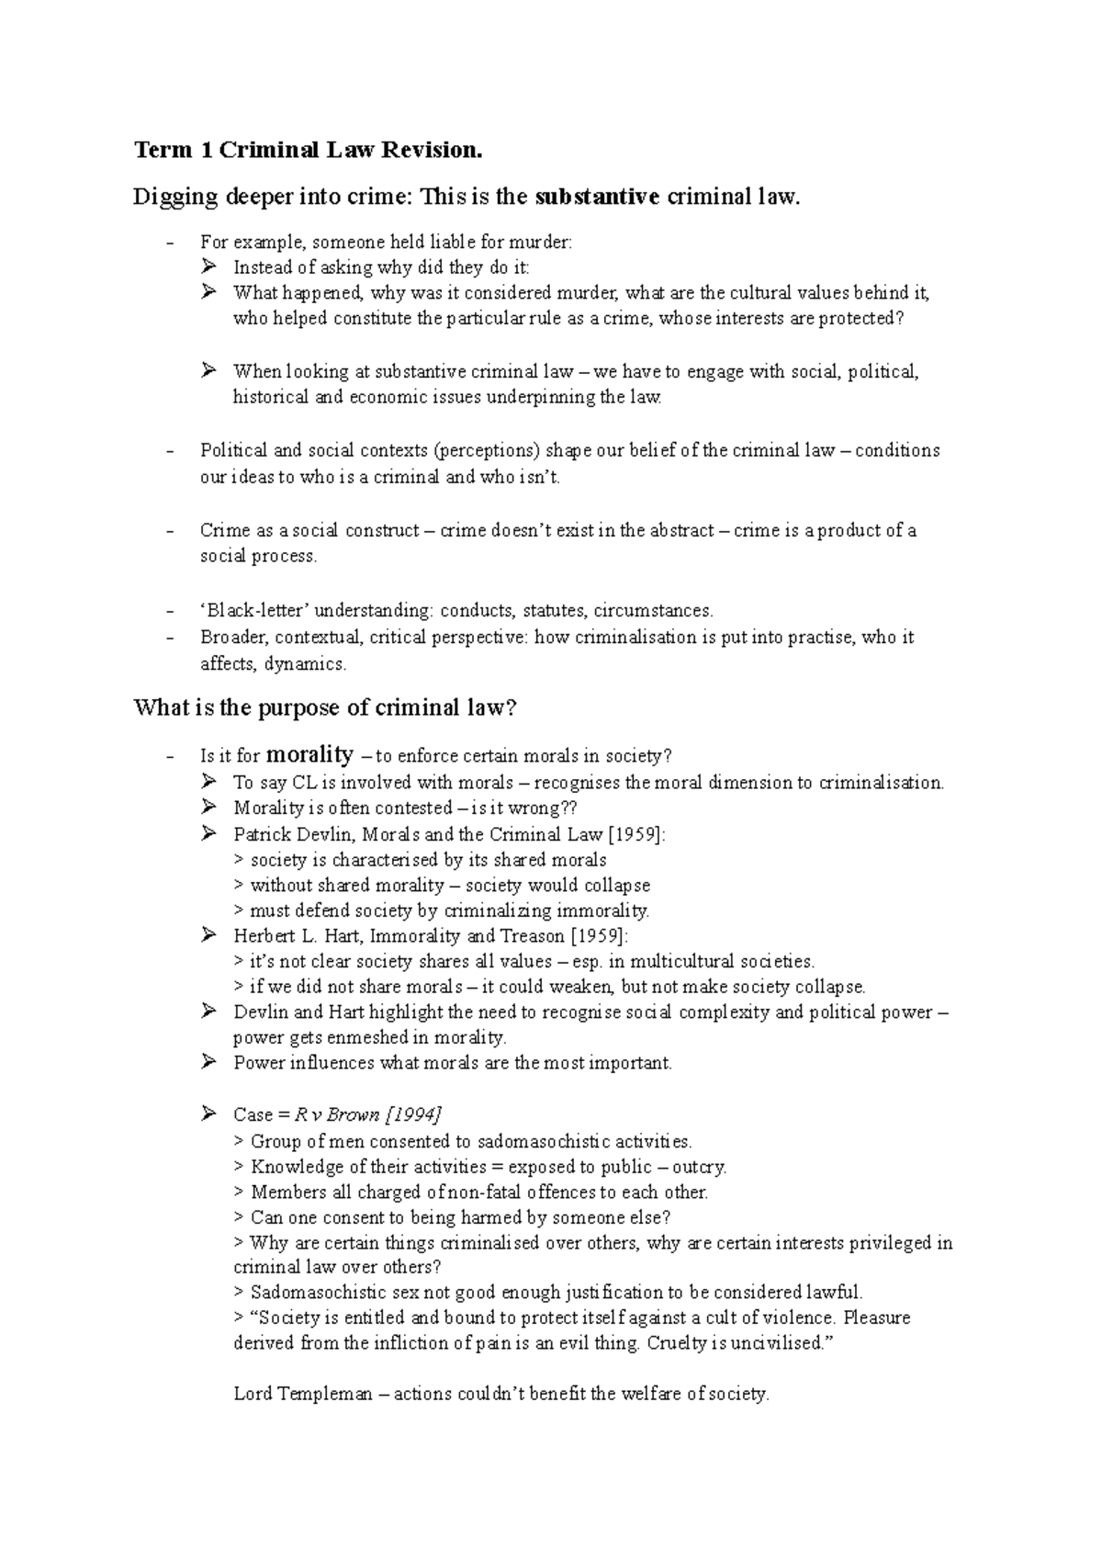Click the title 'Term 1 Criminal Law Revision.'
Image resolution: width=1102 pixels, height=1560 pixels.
coord(308,150)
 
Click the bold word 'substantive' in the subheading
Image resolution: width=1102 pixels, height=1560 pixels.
coord(597,197)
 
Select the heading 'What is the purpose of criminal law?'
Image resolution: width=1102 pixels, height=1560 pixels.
coord(326,707)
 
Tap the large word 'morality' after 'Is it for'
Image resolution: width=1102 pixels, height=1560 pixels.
coord(309,755)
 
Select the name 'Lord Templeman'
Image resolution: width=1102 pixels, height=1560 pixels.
coord(303,1394)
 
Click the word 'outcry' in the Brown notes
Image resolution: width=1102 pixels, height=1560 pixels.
coord(698,1167)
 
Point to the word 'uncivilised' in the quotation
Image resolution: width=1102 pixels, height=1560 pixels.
coord(778,1342)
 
